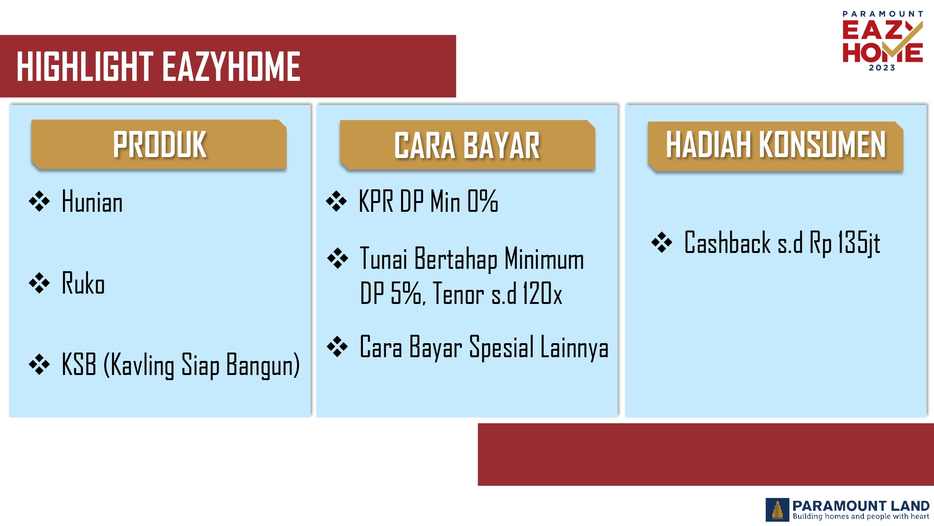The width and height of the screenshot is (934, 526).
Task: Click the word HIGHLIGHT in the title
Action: pyautogui.click(x=85, y=66)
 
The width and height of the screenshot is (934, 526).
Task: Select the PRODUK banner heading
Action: pyautogui.click(x=160, y=144)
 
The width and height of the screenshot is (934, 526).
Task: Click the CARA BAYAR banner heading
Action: pyautogui.click(x=467, y=145)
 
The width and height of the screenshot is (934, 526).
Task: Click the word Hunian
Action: pyautogui.click(x=92, y=202)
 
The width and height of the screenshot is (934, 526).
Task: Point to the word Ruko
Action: pyautogui.click(x=83, y=283)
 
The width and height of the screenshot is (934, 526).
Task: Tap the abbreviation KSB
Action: pyautogui.click(x=79, y=364)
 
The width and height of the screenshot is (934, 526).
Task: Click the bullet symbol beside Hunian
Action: pyautogui.click(x=39, y=202)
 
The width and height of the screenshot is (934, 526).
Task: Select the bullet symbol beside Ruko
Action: pyautogui.click(x=39, y=283)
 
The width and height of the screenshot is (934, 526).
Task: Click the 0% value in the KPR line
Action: pyautogui.click(x=483, y=201)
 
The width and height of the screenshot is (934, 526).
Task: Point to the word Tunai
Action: pyautogui.click(x=383, y=259)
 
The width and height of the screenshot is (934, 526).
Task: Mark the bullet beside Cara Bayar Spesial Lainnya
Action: pyautogui.click(x=337, y=346)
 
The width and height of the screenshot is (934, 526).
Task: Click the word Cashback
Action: pyautogui.click(x=728, y=243)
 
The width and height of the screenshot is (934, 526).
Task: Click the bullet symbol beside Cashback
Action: pyautogui.click(x=662, y=242)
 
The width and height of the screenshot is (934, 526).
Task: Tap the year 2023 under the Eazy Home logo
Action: pyautogui.click(x=882, y=68)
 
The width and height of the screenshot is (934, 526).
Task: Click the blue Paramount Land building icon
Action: pyautogui.click(x=778, y=510)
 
